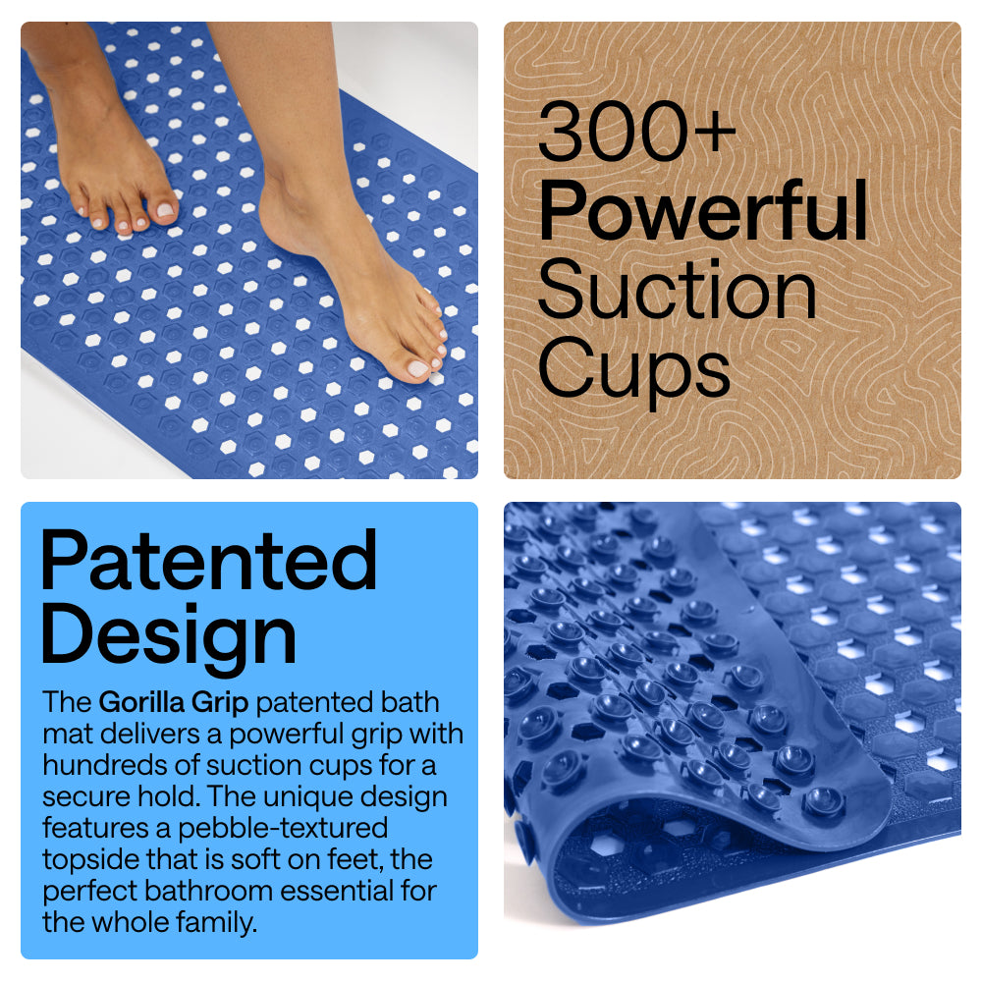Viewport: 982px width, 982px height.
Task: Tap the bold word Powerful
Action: pyautogui.click(x=703, y=211)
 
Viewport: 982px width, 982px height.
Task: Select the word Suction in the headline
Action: pyautogui.click(x=678, y=291)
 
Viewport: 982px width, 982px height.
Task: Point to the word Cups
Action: pyautogui.click(x=634, y=369)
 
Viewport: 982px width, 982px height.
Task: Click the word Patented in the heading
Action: pyautogui.click(x=208, y=561)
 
